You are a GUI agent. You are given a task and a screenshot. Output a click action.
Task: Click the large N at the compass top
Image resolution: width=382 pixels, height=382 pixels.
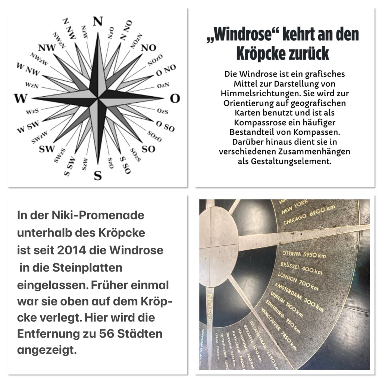coord(98,22)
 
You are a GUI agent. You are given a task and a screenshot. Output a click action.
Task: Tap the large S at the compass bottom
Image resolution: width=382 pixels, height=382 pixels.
coord(98,175)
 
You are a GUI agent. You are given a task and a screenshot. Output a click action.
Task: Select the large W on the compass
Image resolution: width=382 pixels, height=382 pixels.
coord(21,98)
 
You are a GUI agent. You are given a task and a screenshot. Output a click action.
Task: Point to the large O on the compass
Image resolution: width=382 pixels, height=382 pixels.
coord(175,98)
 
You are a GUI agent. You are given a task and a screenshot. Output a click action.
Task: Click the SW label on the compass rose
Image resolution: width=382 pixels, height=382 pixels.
coord(47,149)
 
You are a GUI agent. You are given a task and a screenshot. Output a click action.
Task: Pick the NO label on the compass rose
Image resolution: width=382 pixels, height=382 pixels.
coord(149,48)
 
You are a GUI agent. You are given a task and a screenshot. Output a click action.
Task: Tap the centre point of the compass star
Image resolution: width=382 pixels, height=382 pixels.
coord(98,98)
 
